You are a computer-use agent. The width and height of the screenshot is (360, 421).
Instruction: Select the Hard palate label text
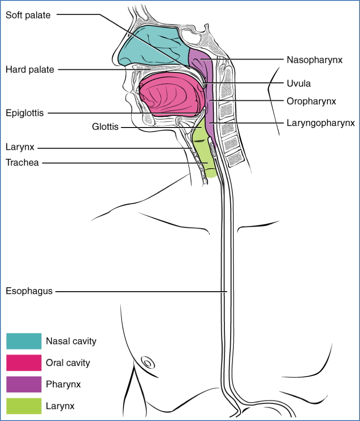pos(30,69)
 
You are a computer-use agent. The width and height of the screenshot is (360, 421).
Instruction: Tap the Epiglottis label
pos(25,113)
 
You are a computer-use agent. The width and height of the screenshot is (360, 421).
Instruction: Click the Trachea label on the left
pos(22,162)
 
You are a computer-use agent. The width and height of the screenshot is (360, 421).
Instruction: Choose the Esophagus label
pos(29,291)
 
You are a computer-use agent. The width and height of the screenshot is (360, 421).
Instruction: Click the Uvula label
pos(299,84)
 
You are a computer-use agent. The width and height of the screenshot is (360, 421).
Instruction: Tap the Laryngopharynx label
pos(321,122)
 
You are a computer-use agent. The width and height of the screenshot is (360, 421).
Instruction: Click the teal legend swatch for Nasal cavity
pos(24,341)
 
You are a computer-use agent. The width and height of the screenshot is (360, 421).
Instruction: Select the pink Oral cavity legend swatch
pos(24,362)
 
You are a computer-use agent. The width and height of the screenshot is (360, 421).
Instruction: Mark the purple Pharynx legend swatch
pos(24,384)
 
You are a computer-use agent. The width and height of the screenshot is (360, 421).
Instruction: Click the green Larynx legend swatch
pos(24,406)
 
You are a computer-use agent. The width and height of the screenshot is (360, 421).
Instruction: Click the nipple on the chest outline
pos(146,361)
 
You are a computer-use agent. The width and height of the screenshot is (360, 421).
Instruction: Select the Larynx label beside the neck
pos(20,147)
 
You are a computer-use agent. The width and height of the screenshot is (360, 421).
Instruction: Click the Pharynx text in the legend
pos(63,384)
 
